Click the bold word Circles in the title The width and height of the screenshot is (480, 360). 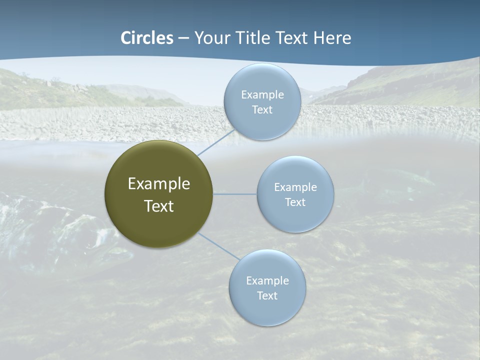[147, 38]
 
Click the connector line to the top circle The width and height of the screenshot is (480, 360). [216, 142]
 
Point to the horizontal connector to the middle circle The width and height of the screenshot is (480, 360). [235, 194]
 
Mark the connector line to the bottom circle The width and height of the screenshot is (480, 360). [218, 245]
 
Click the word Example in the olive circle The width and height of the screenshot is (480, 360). [159, 184]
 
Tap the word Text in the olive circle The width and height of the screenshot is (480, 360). [159, 206]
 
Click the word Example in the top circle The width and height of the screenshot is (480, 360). [262, 95]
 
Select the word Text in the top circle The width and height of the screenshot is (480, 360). [262, 110]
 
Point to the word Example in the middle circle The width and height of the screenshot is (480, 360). [295, 187]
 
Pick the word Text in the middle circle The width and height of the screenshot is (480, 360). [295, 202]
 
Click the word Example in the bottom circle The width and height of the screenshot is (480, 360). [267, 281]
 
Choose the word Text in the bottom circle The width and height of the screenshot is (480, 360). [267, 296]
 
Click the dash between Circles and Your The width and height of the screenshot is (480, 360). [183, 38]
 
